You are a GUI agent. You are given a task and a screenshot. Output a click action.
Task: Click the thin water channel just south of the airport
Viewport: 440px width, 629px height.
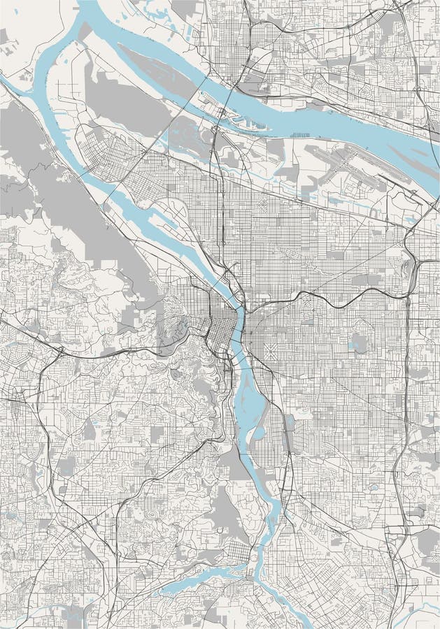click(x=329, y=196)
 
